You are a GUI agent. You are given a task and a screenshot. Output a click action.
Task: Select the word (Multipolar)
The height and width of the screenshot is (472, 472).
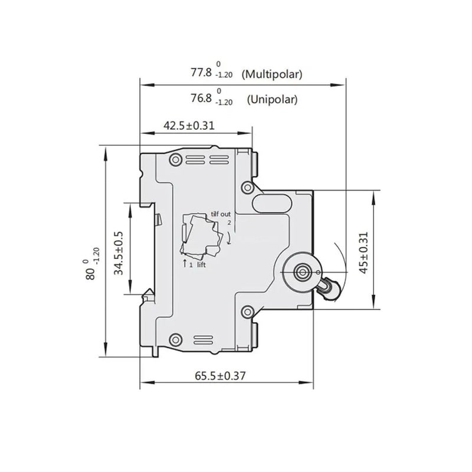click(274, 74)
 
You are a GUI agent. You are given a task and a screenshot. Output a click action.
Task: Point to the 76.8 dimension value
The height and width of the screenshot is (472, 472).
click(201, 99)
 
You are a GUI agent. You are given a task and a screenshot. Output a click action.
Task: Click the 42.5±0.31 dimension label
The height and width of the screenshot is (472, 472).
click(188, 125)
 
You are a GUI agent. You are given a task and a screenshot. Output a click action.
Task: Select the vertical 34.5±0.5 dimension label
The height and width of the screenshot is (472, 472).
click(119, 253)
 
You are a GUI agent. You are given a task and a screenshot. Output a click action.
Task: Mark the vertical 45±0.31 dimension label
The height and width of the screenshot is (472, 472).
click(363, 253)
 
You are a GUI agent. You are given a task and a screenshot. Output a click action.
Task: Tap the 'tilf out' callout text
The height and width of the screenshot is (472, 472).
click(222, 214)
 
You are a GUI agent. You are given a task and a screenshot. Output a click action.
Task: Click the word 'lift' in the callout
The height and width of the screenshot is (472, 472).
click(201, 265)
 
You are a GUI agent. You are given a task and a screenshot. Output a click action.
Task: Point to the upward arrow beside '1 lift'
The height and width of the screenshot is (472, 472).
click(185, 263)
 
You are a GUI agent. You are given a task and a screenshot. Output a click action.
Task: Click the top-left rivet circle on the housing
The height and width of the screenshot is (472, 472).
click(175, 160)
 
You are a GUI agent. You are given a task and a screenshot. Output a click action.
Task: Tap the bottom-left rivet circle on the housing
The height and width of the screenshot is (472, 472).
click(175, 339)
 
